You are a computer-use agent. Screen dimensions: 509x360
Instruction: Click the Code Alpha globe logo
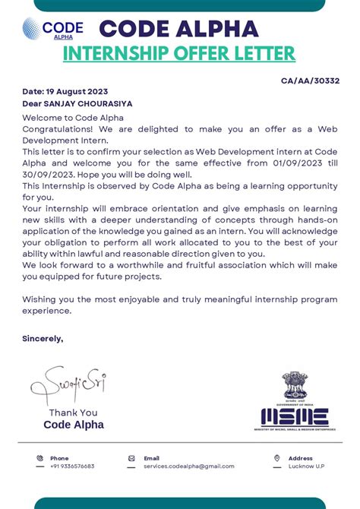[33, 29]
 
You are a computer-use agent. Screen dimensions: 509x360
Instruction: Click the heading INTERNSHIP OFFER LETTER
[179, 54]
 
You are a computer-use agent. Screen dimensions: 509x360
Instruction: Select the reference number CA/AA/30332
[310, 81]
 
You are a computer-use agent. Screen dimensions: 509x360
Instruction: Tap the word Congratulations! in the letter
[54, 130]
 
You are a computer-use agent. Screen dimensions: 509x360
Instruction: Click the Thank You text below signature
[73, 413]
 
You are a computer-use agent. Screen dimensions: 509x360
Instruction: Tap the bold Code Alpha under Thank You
[73, 425]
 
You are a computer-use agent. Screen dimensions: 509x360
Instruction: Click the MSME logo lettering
[295, 416]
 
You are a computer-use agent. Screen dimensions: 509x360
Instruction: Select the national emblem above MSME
[295, 387]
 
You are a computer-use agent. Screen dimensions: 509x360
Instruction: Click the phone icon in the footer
[39, 458]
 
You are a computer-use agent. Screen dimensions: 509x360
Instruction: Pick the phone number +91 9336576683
[72, 466]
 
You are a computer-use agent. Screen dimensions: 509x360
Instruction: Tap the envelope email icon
[131, 458]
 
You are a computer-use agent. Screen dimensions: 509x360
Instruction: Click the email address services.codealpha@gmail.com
[188, 466]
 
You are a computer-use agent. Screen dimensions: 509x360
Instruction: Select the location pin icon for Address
[277, 458]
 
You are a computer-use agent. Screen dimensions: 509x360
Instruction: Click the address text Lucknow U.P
[306, 466]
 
